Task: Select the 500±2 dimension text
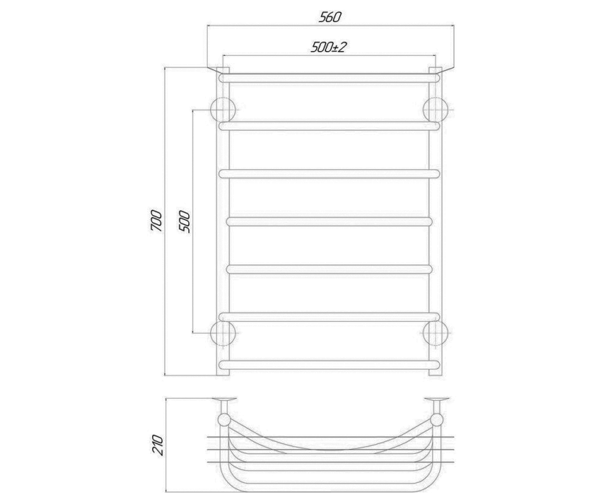tap(328, 47)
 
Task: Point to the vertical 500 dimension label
tap(185, 222)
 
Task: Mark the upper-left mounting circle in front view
tap(223, 110)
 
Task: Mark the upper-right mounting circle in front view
tap(436, 110)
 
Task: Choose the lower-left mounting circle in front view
tap(223, 333)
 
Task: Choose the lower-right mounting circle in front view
tap(436, 333)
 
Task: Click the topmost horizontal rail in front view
tap(329, 78)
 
